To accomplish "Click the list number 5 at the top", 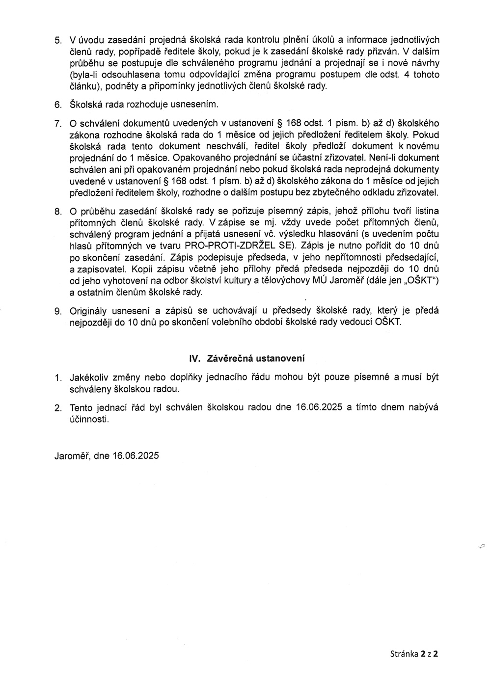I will pyautogui.click(x=57, y=40).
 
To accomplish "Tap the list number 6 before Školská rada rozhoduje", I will pyautogui.click(x=57, y=105).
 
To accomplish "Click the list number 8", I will pyautogui.click(x=57, y=212).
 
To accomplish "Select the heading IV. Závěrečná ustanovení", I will pyautogui.click(x=247, y=358).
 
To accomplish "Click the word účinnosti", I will pyautogui.click(x=89, y=419).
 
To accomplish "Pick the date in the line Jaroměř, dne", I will pyautogui.click(x=135, y=455).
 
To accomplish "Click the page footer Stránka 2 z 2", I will pyautogui.click(x=413, y=653).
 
